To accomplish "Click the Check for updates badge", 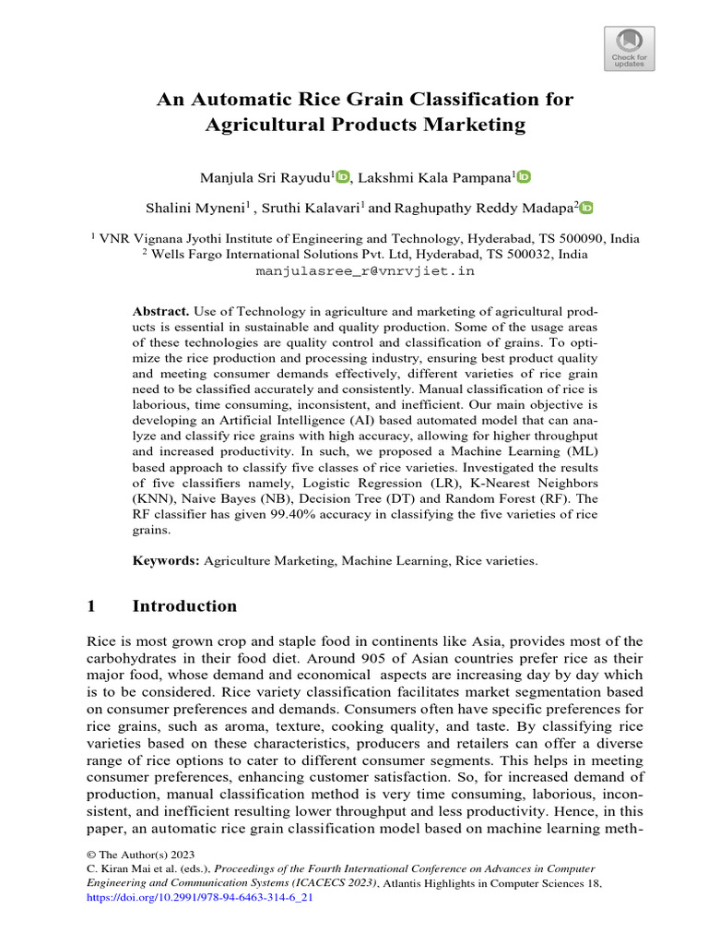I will pyautogui.click(x=631, y=48).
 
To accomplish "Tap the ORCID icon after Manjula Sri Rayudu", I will pyautogui.click(x=343, y=176).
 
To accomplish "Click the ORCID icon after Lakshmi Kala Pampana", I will pyautogui.click(x=524, y=176).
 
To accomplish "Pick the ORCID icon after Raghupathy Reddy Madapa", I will pyautogui.click(x=586, y=208).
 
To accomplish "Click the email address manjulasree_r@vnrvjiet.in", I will pyautogui.click(x=364, y=271).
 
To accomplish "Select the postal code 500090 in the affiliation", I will pyautogui.click(x=577, y=238).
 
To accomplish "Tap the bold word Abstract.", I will pyautogui.click(x=160, y=313).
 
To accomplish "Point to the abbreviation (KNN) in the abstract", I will pyautogui.click(x=153, y=499).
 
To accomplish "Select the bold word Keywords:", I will pyautogui.click(x=166, y=560).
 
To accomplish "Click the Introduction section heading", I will pyautogui.click(x=184, y=606).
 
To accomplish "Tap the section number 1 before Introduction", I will pyautogui.click(x=91, y=606).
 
